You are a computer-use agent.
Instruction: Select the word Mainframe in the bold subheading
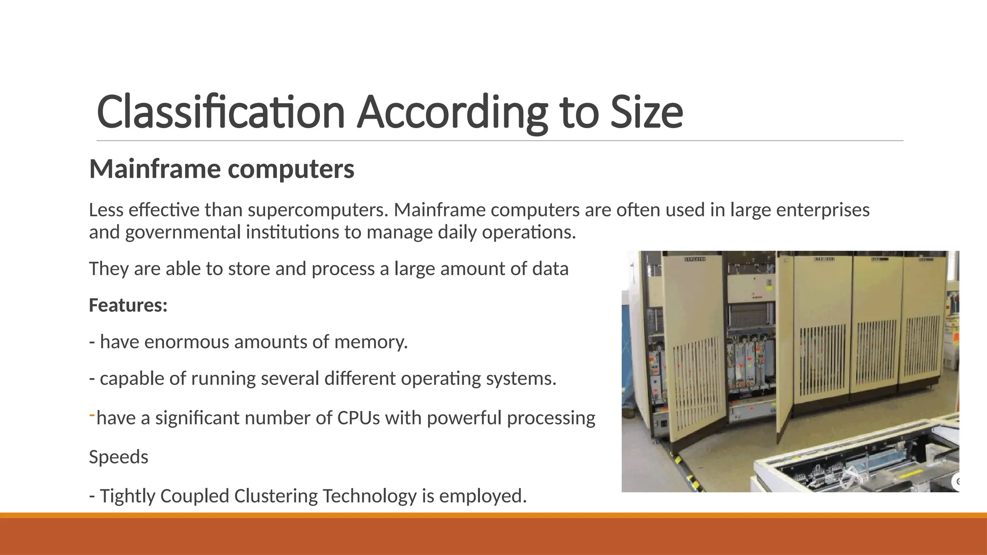[x=154, y=169]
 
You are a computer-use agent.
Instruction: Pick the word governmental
[x=183, y=232]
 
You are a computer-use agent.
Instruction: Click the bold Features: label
[x=128, y=305]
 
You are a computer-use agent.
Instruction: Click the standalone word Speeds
[x=119, y=457]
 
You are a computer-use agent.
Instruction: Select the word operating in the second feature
[x=440, y=379]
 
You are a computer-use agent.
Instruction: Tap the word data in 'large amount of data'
[x=550, y=269]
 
